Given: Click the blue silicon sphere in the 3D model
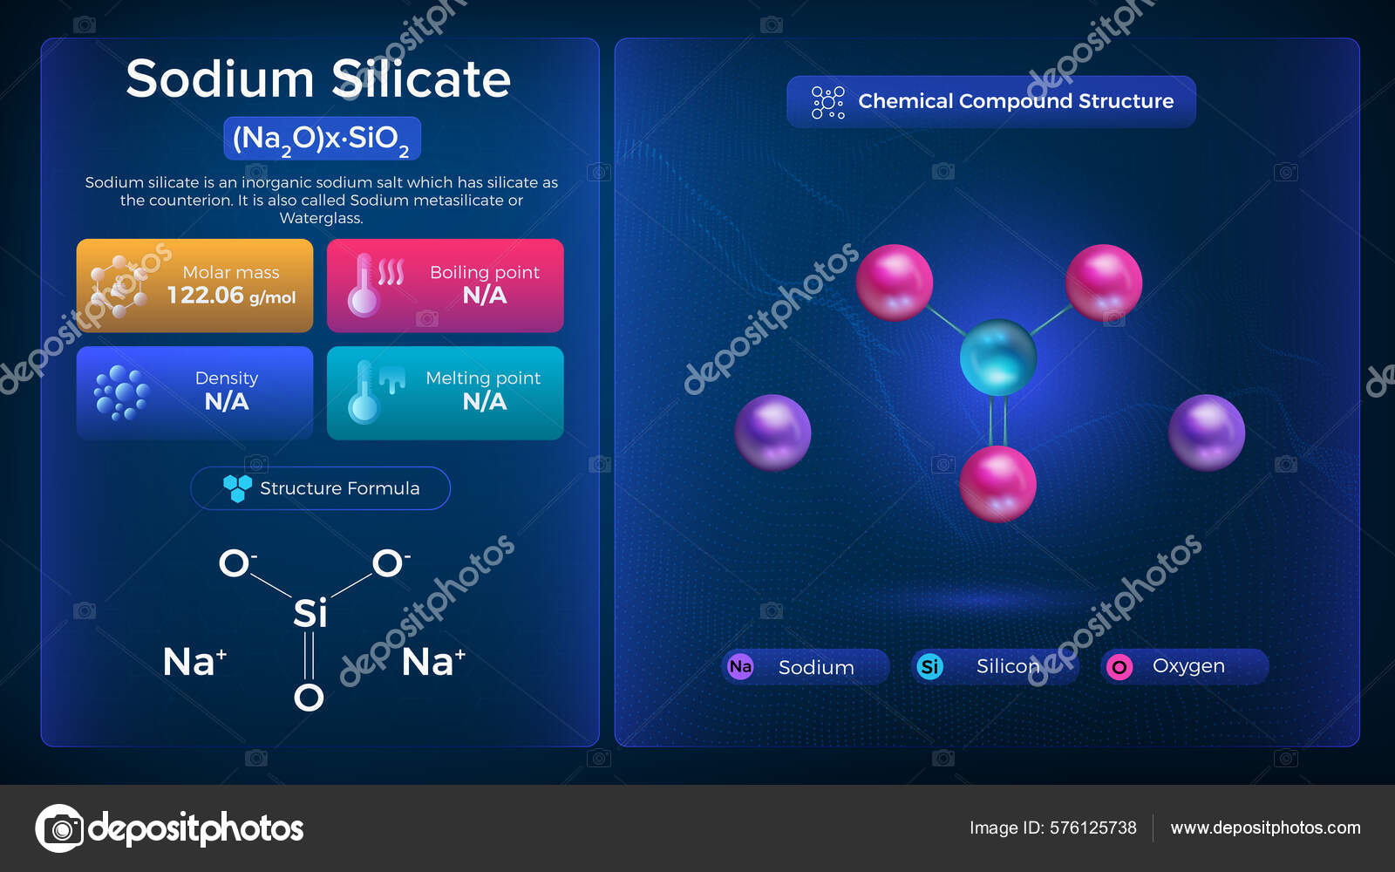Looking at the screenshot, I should [998, 357].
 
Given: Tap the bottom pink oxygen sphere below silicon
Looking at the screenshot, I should [998, 484].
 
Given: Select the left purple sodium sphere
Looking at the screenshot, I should [772, 433].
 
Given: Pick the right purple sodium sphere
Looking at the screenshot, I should [1207, 433].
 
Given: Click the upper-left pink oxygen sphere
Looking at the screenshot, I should [895, 283].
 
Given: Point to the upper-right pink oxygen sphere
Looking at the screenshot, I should [1104, 283].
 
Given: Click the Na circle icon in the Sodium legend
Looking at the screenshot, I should [740, 667].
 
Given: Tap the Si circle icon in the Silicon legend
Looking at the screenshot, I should [930, 667].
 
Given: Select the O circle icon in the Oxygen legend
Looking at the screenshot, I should [1119, 667].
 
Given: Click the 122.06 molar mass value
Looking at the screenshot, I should [206, 296].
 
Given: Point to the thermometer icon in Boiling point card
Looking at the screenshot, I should [364, 286].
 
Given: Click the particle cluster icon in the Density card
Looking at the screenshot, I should [121, 392].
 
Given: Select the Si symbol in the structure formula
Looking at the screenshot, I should [310, 613].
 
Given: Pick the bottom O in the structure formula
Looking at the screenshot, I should [309, 697].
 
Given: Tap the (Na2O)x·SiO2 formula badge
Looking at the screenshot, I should [322, 139].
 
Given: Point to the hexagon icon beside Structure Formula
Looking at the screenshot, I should [237, 488].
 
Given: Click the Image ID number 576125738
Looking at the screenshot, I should [1093, 828].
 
